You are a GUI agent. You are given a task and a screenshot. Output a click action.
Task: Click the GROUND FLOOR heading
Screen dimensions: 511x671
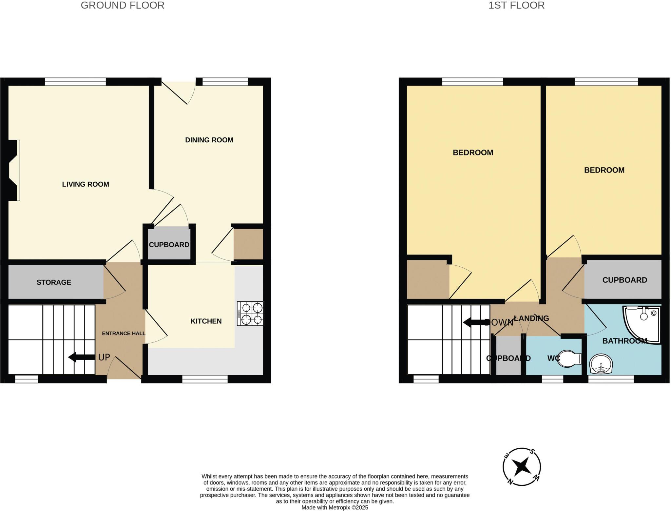pos(122,6)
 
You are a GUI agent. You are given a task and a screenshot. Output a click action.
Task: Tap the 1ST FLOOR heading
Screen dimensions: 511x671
pos(516,6)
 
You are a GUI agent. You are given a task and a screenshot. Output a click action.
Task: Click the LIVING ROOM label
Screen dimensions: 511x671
pos(86,184)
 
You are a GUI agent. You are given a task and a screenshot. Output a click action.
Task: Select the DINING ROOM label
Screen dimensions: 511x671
pos(209,140)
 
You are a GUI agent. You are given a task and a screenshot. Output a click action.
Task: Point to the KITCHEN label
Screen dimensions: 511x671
pos(206,321)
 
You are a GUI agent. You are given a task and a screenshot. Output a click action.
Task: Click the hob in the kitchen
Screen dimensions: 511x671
pos(250,314)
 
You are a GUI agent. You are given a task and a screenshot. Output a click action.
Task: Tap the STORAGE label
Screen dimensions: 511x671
pos(54,282)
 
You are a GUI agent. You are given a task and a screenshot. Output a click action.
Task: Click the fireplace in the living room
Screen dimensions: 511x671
pos(14,170)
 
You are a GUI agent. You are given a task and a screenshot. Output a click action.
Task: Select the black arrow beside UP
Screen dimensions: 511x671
pos(81,357)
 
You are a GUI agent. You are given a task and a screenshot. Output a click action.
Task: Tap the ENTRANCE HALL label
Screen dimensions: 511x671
pos(124,334)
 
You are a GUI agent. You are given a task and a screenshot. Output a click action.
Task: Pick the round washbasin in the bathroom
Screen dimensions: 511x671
pos(601,364)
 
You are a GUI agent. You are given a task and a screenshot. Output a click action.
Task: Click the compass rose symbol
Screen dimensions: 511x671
pos(522,466)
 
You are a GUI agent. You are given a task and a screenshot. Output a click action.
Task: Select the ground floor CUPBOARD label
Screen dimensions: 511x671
pos(169,245)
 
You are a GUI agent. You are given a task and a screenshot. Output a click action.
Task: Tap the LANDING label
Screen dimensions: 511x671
pos(531,318)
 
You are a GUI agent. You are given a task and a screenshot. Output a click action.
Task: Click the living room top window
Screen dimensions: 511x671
pos(75,81)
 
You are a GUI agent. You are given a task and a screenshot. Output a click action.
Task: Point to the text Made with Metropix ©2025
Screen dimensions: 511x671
pos(335,508)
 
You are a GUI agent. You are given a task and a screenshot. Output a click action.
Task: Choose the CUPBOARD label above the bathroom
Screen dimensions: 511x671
pos(624,280)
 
